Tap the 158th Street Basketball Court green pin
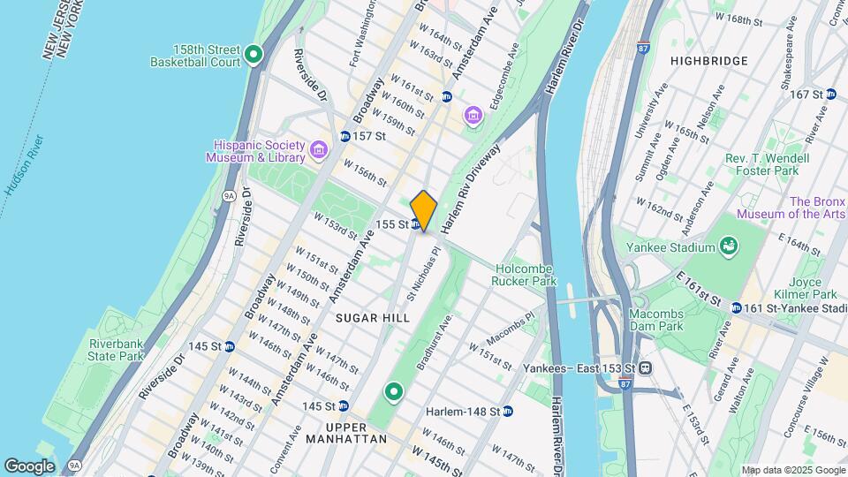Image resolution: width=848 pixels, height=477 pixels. coord(254,56)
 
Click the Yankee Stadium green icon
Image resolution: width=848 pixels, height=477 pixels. coord(729,245)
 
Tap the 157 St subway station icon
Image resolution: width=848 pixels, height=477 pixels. coord(345,137)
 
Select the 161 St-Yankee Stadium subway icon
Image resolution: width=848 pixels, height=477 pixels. coord(737,308)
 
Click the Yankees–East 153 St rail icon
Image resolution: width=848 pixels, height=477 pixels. coord(647,367)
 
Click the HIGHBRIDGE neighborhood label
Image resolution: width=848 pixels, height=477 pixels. coord(708,61)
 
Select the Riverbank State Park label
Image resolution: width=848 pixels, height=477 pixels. coord(115,350)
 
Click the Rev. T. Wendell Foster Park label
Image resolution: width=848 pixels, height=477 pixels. coord(755,163)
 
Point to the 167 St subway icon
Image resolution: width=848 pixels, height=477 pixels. coord(831,94)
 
